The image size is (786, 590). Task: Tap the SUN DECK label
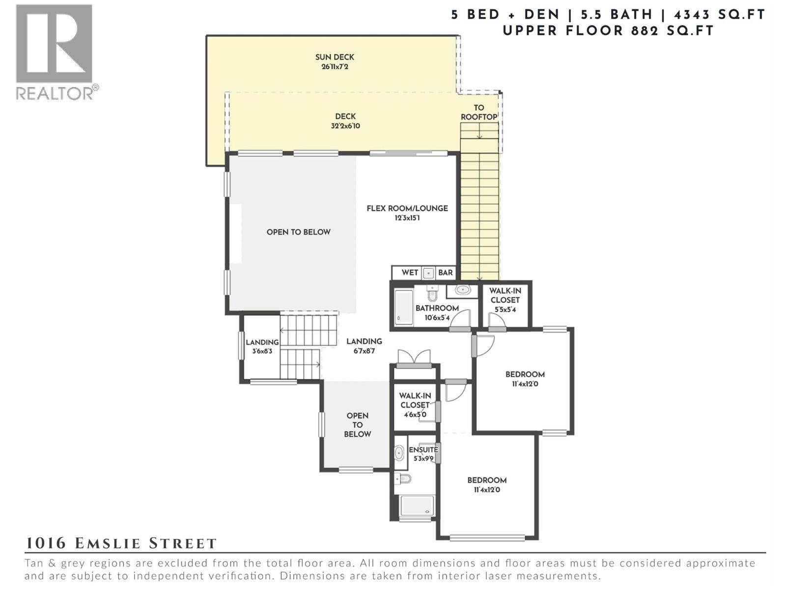point(335,57)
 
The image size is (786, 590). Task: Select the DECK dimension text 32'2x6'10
point(345,126)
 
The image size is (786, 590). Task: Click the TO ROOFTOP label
point(478,112)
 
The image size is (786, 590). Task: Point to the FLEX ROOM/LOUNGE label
point(407,208)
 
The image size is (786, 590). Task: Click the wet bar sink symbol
point(428,273)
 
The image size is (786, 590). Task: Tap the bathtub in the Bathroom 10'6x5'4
point(404,307)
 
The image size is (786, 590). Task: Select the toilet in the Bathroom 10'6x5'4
point(432,294)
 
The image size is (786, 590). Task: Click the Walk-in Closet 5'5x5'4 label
point(505,299)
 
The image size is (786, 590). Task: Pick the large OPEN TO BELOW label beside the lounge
point(298,232)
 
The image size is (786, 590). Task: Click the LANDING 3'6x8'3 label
point(262,346)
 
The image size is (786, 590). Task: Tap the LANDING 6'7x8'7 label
point(364,345)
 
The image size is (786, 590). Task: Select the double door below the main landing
point(414,358)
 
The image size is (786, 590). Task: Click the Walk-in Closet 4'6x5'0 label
point(415,404)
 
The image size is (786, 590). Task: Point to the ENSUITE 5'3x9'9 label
point(423,453)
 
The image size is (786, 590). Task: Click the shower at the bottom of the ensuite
point(416,506)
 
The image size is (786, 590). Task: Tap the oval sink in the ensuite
point(400,452)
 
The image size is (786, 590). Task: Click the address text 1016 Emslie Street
point(121,543)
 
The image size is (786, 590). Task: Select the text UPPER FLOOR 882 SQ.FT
point(608,31)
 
